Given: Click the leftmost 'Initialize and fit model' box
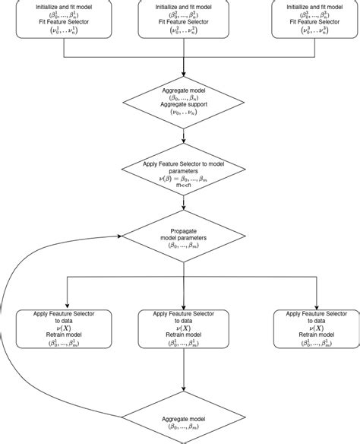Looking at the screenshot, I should [x=63, y=18].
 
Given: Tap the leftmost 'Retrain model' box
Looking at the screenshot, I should [x=63, y=328].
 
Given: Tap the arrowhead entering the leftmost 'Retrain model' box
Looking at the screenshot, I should [x=68, y=305].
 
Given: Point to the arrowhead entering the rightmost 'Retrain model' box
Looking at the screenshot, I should [x=318, y=305].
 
